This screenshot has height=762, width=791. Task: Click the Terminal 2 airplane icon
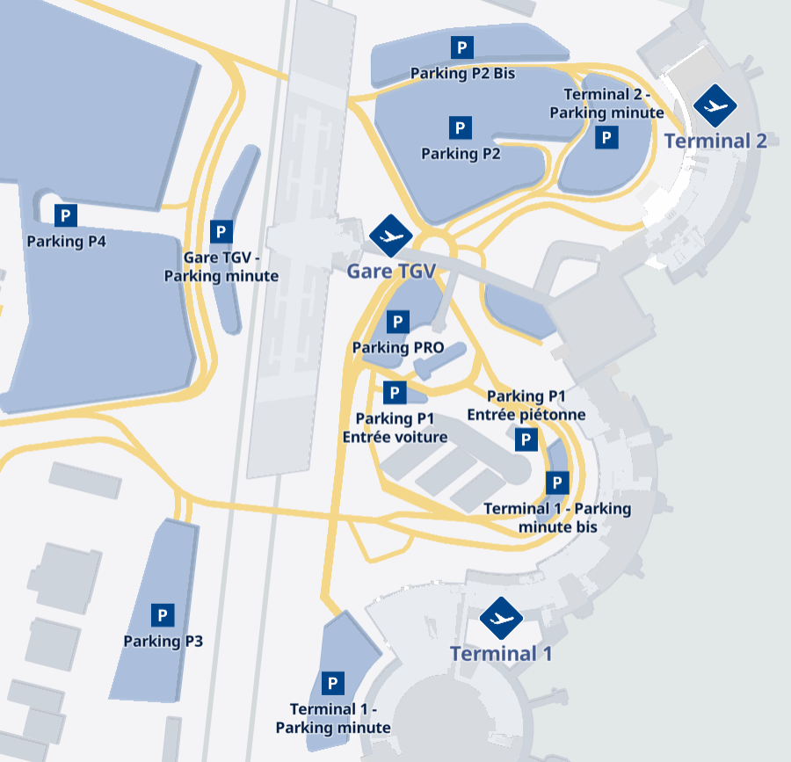(x=715, y=106)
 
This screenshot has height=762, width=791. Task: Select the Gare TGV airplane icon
(x=390, y=236)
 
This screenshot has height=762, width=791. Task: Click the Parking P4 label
(x=67, y=242)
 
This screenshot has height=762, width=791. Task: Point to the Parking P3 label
(x=163, y=642)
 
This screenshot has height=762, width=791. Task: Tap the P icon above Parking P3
(x=163, y=615)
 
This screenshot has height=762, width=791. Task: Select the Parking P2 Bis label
(x=462, y=74)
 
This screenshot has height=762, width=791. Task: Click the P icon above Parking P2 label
(x=460, y=127)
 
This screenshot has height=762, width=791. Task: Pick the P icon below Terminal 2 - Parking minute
(x=606, y=137)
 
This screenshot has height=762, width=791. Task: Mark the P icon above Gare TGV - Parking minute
(x=221, y=233)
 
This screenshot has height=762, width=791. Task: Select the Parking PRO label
(x=398, y=348)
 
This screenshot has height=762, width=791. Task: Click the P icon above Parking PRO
(x=398, y=322)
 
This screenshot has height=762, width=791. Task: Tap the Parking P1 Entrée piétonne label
(x=526, y=405)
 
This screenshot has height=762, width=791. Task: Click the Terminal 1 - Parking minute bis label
(x=557, y=518)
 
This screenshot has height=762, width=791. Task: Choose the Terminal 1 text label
(x=501, y=654)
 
